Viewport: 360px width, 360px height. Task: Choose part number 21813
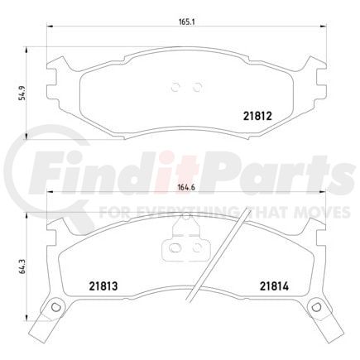pos(104,287)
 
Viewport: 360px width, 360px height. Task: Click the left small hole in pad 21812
pos(176,85)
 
